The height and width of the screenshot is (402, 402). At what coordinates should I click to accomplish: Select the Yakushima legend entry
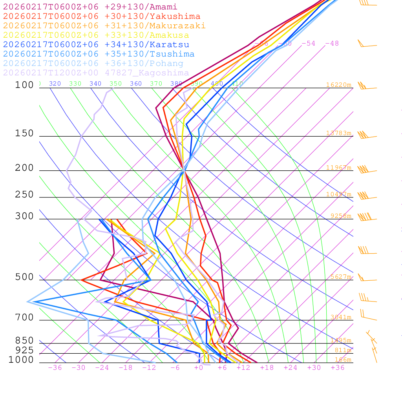coord(102,16)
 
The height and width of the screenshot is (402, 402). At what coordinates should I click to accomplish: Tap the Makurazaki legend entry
coord(104,26)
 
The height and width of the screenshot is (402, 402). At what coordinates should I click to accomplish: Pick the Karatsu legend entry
coord(96,45)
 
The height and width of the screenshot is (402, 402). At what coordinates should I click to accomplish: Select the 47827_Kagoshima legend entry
coord(96,73)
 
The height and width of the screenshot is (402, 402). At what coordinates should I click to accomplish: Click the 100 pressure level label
coord(24,85)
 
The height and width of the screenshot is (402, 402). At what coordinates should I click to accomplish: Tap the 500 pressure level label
coord(24,277)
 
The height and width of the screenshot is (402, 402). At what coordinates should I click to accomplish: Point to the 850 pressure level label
coord(24,340)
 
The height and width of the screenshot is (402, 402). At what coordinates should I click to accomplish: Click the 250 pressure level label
coord(24,195)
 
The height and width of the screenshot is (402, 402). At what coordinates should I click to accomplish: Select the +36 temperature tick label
coord(338,367)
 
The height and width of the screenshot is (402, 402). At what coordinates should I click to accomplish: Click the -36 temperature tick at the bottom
coord(55,367)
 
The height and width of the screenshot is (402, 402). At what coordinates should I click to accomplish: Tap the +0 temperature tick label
coord(199,367)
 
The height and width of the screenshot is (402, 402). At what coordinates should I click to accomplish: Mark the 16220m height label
coord(338,85)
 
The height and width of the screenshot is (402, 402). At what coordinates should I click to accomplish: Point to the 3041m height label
coord(341,317)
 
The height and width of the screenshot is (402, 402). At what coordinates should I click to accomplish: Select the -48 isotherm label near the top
coord(332,43)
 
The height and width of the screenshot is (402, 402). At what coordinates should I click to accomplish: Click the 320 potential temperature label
coord(55,84)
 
